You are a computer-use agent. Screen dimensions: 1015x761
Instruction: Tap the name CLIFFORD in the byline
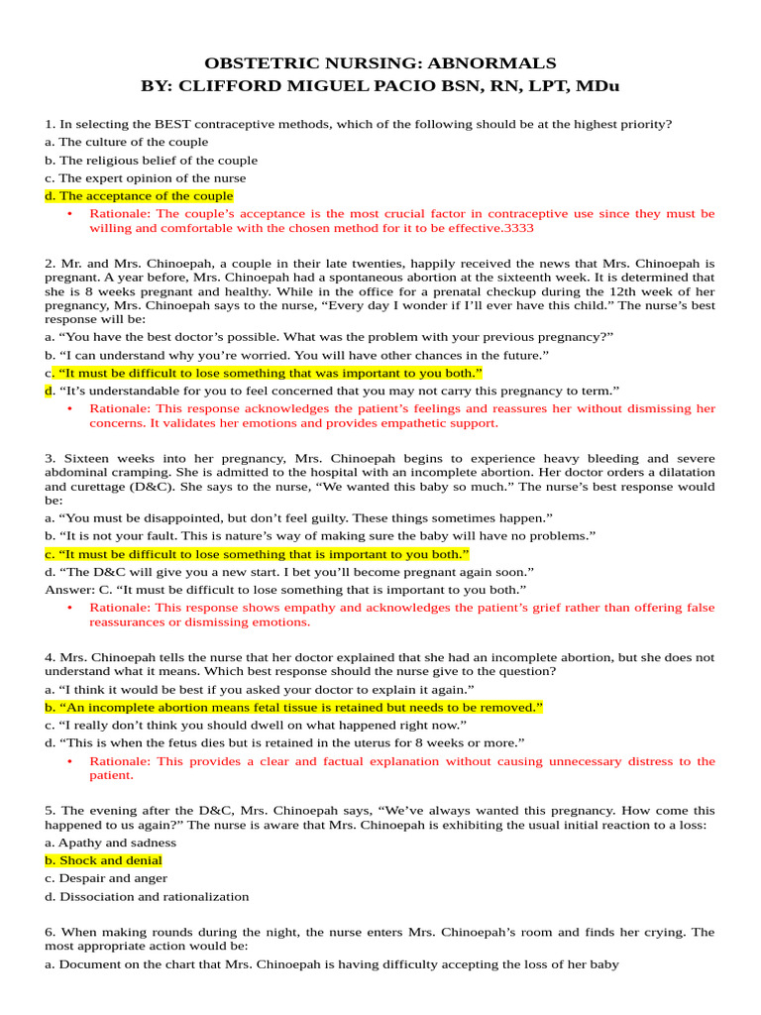[223, 85]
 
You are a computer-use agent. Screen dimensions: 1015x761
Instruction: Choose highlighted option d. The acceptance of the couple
[139, 196]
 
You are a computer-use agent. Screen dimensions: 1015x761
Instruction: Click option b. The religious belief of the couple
[151, 161]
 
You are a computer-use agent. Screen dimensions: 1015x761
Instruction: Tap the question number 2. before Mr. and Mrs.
[50, 264]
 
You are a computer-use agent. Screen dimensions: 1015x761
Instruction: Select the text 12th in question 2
[612, 292]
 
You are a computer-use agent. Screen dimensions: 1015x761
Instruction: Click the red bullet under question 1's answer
[69, 214]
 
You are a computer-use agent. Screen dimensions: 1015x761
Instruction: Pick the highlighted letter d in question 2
[49, 392]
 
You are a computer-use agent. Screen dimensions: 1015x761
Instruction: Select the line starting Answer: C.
[285, 590]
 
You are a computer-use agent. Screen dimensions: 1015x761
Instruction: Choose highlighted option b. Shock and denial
[103, 860]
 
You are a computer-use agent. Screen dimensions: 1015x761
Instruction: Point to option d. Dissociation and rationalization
[147, 897]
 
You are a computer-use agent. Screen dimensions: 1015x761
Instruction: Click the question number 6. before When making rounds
[50, 933]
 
